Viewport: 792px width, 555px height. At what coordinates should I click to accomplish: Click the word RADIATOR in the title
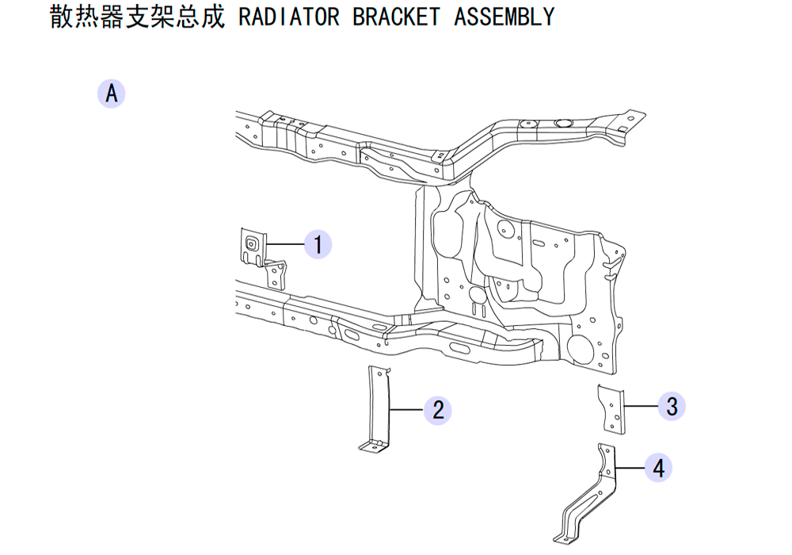(x=289, y=17)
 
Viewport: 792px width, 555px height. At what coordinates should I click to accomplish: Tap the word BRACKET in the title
(x=397, y=17)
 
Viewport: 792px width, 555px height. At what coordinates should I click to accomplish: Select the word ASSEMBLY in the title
(x=504, y=17)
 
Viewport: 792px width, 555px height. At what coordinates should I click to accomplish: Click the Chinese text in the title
(x=137, y=17)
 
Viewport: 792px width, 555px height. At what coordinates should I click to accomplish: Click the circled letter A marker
(x=111, y=94)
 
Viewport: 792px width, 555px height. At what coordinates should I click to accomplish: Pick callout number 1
(x=318, y=245)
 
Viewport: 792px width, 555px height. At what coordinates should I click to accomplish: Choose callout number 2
(x=438, y=410)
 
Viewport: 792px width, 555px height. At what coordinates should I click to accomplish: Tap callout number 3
(x=672, y=407)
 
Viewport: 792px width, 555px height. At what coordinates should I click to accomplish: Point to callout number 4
(x=658, y=468)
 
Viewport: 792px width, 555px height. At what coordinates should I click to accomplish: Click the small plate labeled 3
(x=611, y=409)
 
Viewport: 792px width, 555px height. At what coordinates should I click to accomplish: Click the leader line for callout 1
(x=285, y=245)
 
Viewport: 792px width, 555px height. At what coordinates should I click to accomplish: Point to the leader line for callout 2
(x=407, y=410)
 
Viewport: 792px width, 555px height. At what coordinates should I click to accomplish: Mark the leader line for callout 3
(x=641, y=407)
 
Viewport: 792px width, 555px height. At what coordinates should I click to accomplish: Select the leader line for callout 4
(x=630, y=468)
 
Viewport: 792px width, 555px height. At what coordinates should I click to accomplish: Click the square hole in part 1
(x=251, y=245)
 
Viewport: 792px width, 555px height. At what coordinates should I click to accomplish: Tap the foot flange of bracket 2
(x=375, y=446)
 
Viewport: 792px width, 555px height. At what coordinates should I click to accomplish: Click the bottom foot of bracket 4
(x=565, y=539)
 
